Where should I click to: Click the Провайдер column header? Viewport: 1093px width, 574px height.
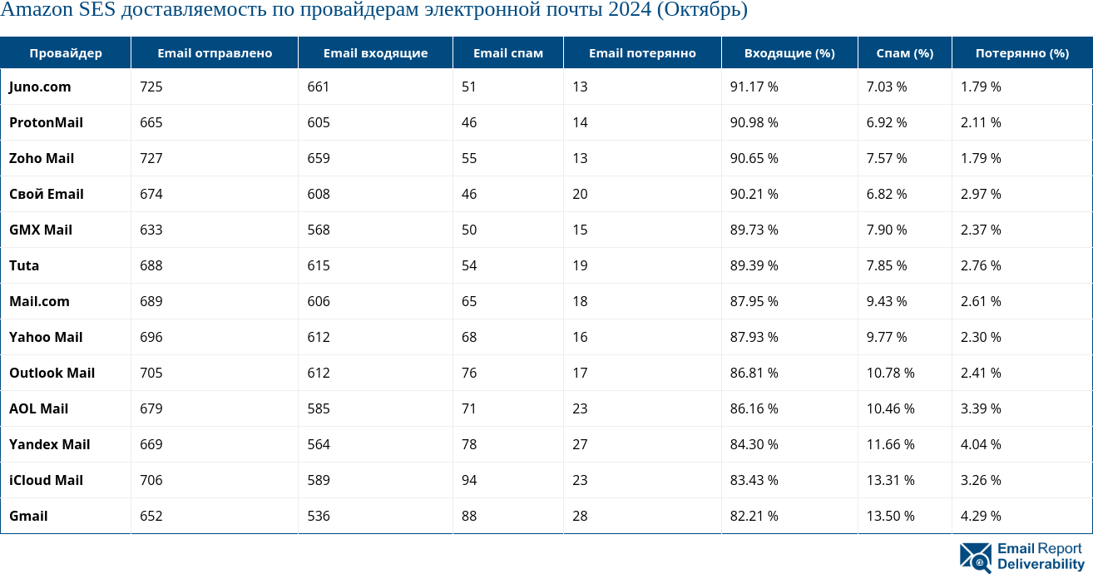pos(66,53)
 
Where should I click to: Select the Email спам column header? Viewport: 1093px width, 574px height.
pos(507,53)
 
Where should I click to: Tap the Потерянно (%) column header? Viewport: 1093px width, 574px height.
pos(1021,53)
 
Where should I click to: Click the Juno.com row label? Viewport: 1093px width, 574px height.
pos(40,87)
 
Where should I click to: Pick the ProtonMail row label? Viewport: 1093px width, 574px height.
pos(46,122)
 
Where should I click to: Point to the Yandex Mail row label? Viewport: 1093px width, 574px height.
pos(49,444)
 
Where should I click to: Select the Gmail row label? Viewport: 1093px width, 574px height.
pos(28,516)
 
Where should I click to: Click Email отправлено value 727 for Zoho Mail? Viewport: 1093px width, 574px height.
pos(151,158)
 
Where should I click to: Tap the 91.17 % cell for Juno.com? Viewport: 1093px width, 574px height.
pos(754,87)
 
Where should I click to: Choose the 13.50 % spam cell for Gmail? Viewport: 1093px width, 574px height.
pos(890,516)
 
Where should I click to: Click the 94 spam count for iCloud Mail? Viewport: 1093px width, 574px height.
pos(469,480)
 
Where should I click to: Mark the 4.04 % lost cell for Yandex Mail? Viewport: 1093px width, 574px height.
pos(981,444)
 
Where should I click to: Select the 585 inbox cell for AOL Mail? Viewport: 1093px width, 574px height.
pos(319,408)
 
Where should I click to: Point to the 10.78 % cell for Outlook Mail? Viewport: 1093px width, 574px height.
pos(890,373)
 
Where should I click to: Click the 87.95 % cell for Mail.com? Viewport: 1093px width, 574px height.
pos(754,301)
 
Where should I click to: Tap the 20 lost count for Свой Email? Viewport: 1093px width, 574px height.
pos(580,194)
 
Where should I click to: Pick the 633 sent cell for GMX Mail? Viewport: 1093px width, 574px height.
pos(151,230)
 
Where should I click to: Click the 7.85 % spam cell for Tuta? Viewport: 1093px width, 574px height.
pos(887,265)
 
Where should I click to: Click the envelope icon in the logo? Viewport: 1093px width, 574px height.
pos(975,557)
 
